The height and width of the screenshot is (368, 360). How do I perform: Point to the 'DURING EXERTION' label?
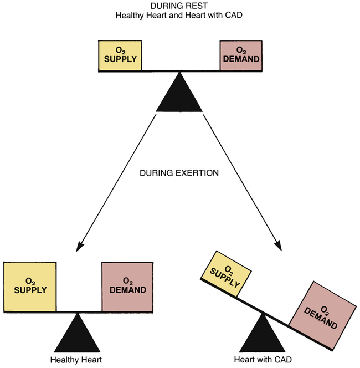179,173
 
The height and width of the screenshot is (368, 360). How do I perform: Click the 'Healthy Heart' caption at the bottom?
76,359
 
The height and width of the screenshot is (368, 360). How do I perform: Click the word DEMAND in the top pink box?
240,59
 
